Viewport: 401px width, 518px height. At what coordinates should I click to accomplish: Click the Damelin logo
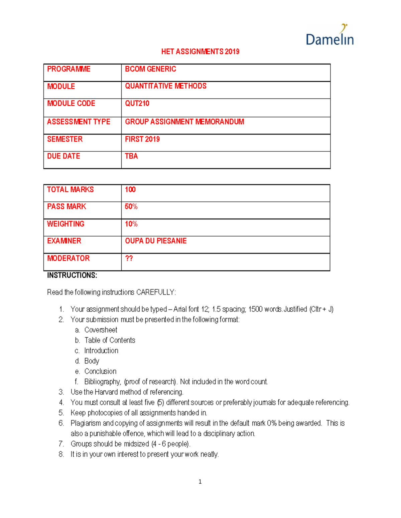click(329, 35)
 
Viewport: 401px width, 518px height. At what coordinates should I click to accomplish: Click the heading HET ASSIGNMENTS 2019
click(200, 52)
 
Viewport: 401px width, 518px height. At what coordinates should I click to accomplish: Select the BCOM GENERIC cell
click(150, 69)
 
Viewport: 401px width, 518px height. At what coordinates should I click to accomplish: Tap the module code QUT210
click(137, 103)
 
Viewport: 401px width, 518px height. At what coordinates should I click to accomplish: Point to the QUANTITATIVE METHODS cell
click(166, 86)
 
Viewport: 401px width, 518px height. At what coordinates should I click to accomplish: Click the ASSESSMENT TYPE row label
click(79, 122)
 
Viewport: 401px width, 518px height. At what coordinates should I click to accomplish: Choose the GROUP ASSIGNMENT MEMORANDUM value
click(184, 122)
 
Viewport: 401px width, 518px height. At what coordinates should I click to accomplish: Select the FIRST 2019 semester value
click(142, 139)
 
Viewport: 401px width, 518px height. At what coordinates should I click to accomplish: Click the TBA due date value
click(131, 156)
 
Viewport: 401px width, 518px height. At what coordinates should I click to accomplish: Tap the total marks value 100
click(130, 189)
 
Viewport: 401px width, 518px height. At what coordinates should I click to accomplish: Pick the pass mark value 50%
click(131, 206)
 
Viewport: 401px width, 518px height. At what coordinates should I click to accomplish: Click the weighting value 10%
click(131, 224)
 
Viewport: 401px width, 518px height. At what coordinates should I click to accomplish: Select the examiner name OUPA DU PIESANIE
click(156, 241)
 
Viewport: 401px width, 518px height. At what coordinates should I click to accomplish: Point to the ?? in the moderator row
click(129, 258)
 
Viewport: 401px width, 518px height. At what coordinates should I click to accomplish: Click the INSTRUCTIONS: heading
click(72, 275)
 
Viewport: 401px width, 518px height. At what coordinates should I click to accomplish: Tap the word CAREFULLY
click(155, 292)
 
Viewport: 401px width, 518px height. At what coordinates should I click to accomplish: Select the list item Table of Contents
click(110, 340)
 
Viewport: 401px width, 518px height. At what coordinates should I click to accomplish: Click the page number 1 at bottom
click(200, 481)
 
